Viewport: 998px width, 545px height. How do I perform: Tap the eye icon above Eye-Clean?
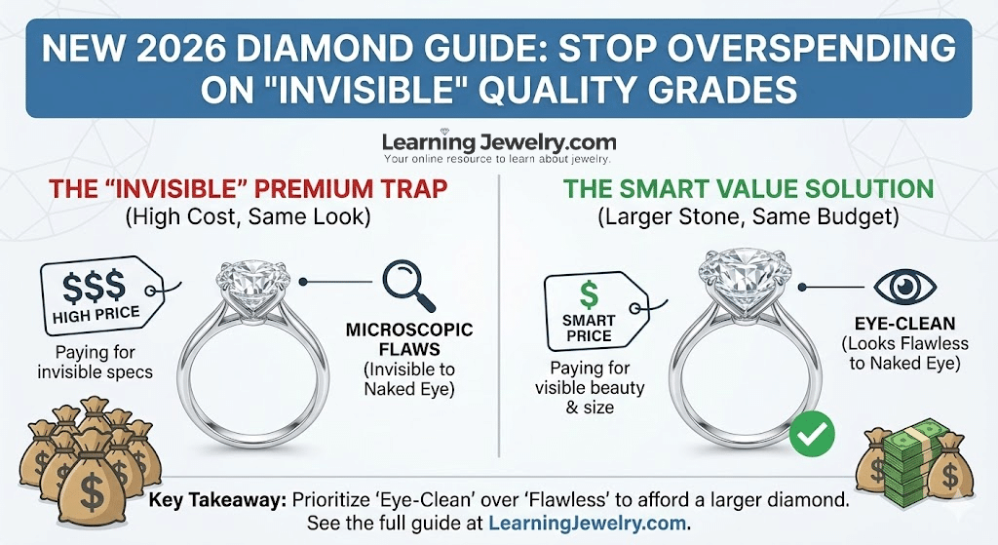click(x=904, y=287)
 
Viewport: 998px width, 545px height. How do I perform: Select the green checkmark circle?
click(x=812, y=434)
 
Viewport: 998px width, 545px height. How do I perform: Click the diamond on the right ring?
click(x=745, y=271)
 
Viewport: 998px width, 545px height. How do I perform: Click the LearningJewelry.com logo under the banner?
click(x=498, y=146)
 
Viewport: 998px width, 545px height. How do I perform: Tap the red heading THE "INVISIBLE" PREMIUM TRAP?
click(x=249, y=189)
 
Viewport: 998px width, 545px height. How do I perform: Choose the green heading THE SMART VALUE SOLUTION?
click(x=748, y=189)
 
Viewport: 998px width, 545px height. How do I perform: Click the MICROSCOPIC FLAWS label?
click(x=409, y=339)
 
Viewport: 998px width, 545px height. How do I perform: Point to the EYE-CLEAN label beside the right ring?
click(x=904, y=324)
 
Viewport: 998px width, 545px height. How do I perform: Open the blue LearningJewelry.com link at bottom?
click(x=588, y=524)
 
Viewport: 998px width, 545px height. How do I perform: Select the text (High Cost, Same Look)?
click(x=249, y=217)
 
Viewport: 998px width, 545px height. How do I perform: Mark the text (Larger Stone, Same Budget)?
click(x=748, y=217)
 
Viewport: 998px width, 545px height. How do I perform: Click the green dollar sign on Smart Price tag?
click(x=590, y=294)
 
